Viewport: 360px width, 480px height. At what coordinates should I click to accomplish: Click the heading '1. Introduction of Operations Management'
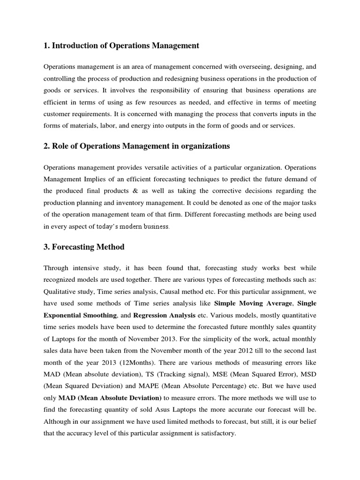[x=121, y=45]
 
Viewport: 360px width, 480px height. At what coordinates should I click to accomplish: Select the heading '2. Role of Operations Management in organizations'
[x=136, y=146]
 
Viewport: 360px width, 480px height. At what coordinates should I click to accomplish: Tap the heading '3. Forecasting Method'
[x=84, y=247]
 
